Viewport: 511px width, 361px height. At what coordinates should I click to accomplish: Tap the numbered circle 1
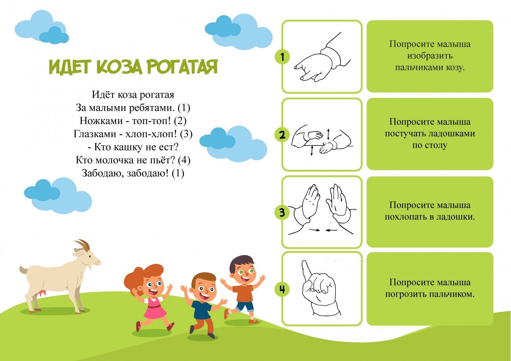coord(282,57)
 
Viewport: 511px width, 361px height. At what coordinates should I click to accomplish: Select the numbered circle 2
coord(282,135)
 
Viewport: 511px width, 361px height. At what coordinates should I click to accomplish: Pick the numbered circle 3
coord(282,212)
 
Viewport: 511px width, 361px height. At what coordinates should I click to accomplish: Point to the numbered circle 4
coord(282,290)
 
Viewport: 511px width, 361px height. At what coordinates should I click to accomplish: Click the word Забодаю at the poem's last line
coord(103,173)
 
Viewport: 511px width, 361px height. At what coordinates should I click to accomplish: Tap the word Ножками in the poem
coord(101,121)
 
